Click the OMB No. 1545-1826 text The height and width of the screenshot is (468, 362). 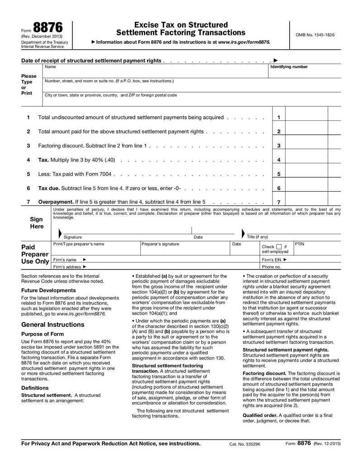315,35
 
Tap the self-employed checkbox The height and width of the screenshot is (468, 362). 280,246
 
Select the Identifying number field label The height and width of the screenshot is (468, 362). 289,67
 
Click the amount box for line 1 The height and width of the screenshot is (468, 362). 306,118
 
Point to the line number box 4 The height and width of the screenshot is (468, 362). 279,160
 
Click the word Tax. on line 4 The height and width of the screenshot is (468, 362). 43,160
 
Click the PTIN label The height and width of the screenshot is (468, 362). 300,244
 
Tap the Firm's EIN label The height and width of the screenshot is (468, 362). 274,260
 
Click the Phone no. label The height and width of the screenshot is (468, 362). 271,267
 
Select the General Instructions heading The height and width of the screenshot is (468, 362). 52,325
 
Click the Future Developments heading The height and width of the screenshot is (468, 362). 48,290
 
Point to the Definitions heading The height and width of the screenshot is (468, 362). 35,388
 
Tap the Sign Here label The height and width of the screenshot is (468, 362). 37,222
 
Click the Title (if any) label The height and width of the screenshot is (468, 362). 257,237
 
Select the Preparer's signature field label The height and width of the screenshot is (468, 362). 160,244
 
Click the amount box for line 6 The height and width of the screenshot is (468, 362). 306,188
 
